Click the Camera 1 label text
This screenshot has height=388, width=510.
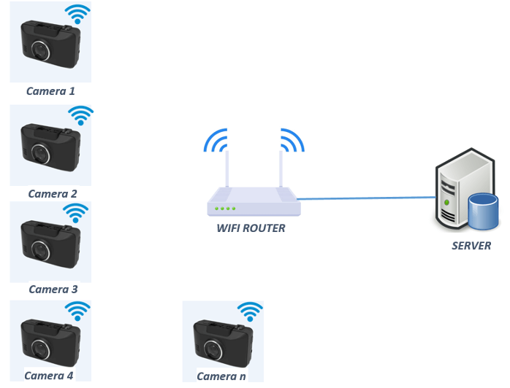[50, 91]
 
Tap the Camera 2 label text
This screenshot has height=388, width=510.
[52, 194]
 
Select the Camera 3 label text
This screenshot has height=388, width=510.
[53, 290]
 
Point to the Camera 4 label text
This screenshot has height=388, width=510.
[49, 376]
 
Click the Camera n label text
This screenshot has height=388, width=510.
[221, 376]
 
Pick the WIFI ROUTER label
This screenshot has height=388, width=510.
[251, 228]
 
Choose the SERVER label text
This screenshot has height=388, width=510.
[471, 246]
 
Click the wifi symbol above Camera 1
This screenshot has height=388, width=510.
[78, 15]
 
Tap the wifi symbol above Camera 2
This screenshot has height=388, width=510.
[80, 115]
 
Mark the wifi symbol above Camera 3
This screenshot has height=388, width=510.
[75, 213]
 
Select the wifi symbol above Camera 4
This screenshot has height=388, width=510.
[77, 311]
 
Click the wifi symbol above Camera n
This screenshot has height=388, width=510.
[250, 312]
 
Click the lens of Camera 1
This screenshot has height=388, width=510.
[40, 51]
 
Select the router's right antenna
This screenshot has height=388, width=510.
[282, 169]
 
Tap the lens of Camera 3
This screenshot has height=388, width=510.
[42, 250]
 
